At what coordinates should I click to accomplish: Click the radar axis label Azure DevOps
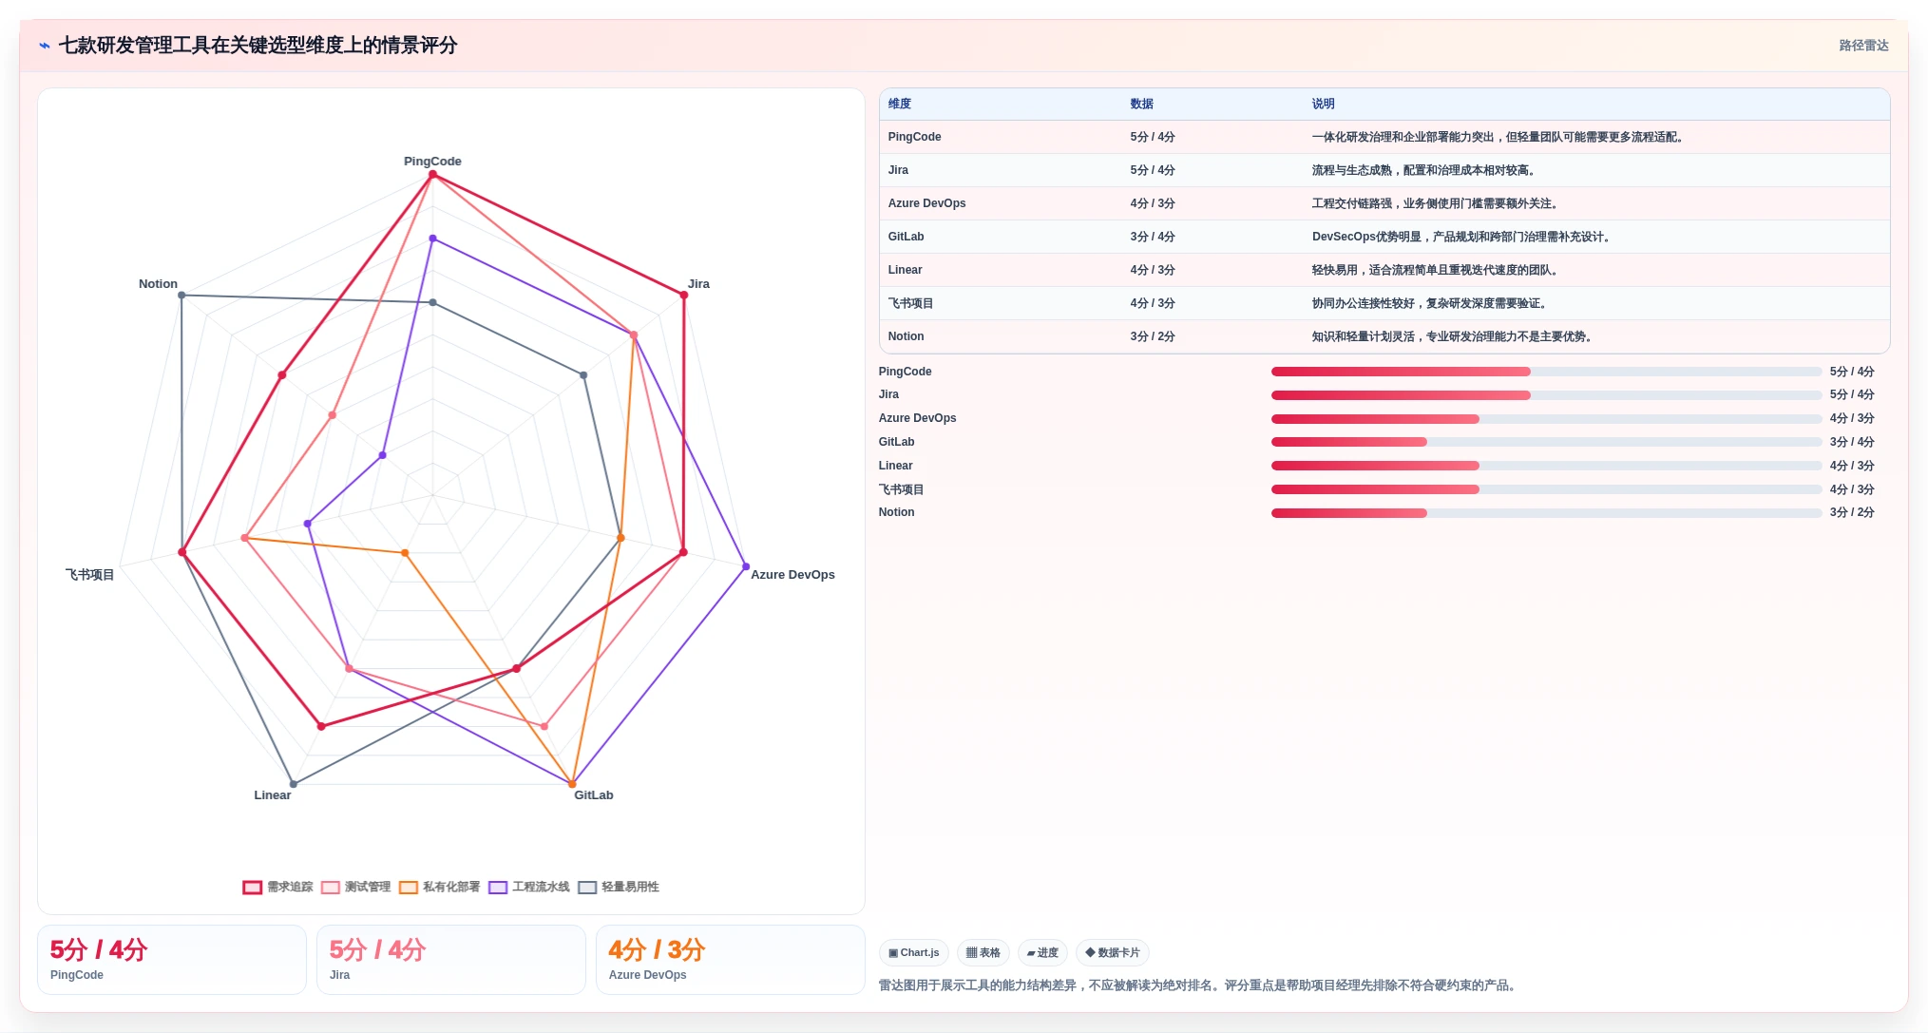792,575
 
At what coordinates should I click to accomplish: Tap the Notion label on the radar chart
158,284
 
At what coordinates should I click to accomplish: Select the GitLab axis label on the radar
594,795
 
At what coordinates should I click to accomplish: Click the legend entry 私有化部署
440,887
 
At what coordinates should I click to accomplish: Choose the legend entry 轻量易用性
619,887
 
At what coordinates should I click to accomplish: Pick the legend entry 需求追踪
278,887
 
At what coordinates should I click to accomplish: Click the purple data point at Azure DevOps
746,566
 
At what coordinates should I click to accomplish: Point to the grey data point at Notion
181,296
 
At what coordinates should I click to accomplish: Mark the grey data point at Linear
294,784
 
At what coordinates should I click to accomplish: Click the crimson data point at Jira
683,296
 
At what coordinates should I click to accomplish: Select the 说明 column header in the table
1323,104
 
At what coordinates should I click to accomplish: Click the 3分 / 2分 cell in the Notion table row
1153,336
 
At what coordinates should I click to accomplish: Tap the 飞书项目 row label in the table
910,303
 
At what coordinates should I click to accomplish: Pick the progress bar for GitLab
1546,442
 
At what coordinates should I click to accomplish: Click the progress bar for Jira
1546,395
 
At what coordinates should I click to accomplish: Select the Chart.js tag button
914,953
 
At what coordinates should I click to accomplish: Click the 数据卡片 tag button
1113,953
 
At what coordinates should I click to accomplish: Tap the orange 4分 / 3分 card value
657,949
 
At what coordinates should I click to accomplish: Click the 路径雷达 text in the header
1863,46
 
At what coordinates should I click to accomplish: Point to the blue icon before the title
45,46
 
